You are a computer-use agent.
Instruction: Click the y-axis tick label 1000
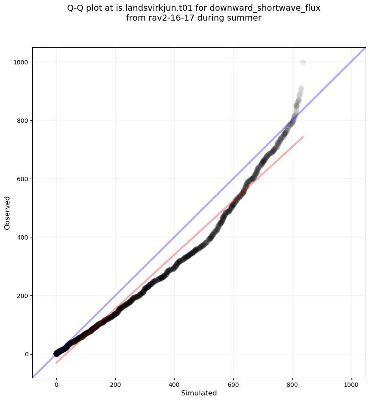coord(20,62)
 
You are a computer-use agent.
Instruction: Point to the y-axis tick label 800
coord(22,121)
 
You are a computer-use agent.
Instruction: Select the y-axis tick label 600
coord(22,179)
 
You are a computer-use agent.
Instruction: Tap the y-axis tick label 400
coord(22,237)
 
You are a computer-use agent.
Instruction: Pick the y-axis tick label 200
coord(22,296)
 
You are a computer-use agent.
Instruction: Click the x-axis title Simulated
coord(199,393)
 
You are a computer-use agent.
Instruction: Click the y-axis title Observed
coord(7,213)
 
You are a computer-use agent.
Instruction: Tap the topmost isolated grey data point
coord(303,62)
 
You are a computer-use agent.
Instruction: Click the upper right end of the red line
coord(303,137)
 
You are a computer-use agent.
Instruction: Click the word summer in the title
coord(246,18)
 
